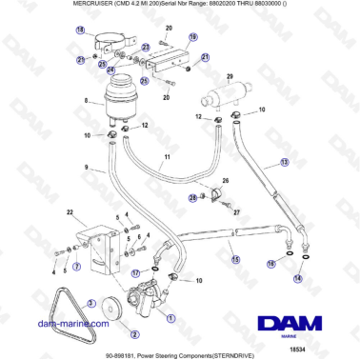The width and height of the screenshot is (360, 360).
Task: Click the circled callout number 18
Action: [x=79, y=31]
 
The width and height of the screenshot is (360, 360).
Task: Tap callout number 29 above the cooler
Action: [x=230, y=76]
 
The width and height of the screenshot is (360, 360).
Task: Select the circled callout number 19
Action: [x=191, y=37]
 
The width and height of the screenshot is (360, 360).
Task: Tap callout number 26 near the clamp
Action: [x=225, y=180]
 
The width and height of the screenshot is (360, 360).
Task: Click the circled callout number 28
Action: [x=192, y=197]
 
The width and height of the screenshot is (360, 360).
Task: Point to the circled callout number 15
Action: [x=234, y=259]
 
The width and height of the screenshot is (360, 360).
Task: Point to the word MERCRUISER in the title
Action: [x=43, y=5]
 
